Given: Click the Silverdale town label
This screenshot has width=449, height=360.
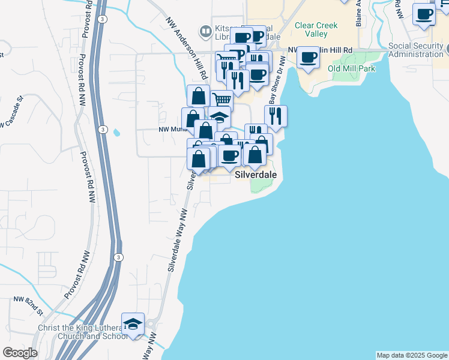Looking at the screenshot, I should coord(255,175).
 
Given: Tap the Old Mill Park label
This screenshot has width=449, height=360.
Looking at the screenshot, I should coord(351,69).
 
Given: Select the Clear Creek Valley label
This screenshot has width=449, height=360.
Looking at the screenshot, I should coord(316,30).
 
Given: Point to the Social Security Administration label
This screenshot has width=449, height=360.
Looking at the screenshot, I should coord(418,50).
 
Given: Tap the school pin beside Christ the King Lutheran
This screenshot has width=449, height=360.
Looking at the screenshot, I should coord(133,325).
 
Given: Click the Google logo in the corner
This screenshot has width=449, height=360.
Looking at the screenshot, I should coord(19,353).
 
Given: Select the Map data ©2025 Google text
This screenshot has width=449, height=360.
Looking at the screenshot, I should coord(411,355).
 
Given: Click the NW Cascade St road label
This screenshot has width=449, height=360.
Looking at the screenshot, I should coord(12,113).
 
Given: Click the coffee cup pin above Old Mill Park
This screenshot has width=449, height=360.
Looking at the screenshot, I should coord(309,58).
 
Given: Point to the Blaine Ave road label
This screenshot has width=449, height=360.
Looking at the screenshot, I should coord(358,12).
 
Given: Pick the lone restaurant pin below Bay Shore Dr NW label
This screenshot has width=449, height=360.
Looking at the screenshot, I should coord(276,116).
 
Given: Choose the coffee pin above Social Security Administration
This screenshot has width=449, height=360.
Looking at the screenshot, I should coord(424,14).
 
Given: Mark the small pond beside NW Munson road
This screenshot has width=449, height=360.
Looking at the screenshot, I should coord(116,131).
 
